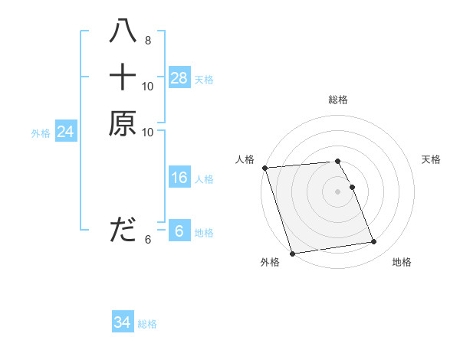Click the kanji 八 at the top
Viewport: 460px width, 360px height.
pos(123,31)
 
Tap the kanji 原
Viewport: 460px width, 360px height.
pos(123,123)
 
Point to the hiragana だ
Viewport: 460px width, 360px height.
pos(123,229)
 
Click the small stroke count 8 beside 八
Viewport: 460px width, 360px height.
pos(147,40)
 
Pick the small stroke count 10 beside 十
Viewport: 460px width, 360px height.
pos(148,86)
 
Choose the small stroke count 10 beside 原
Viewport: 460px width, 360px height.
pos(148,132)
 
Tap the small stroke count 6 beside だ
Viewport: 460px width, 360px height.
pos(147,239)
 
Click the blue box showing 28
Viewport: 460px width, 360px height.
pos(179,78)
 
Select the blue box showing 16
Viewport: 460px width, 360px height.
pos(179,178)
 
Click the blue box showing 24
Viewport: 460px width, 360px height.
pos(66,132)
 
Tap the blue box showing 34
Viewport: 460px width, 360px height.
pos(122,323)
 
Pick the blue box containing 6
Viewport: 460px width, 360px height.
pos(179,231)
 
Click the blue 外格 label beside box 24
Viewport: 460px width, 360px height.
pos(41,133)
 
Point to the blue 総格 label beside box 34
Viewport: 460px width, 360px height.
pos(147,324)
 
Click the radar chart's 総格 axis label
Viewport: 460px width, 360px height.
pos(337,100)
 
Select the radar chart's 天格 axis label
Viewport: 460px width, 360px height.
pos(432,159)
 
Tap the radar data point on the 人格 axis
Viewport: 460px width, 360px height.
pos(264,168)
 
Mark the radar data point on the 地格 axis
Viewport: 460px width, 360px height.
pos(374,242)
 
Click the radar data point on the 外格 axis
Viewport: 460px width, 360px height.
pos(292,254)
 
